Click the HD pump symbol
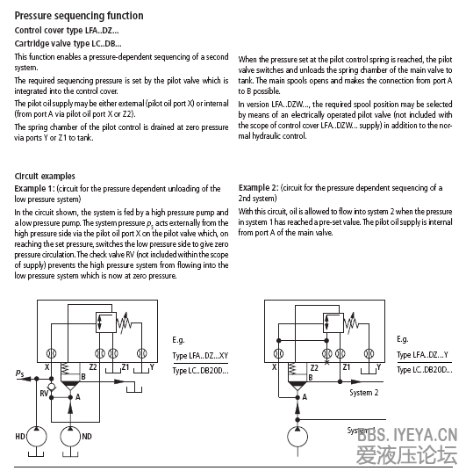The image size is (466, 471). coord(37,437)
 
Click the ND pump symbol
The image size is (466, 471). coord(70,437)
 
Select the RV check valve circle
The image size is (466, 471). coord(52,387)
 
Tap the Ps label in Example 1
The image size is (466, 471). coord(19,373)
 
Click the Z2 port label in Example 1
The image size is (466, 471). coord(93,367)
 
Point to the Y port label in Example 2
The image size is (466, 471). coord(379,366)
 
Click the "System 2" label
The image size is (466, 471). coord(363,393)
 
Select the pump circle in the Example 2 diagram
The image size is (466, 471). coord(298,437)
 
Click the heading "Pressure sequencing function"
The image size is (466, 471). coord(79,16)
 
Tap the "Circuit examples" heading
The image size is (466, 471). coord(45,176)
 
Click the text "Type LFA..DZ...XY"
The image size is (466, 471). coord(200,356)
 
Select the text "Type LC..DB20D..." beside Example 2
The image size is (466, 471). coord(424,370)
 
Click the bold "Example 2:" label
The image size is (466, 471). coord(258,188)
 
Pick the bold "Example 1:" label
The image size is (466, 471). coord(34,189)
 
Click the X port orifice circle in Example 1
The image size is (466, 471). coord(51,353)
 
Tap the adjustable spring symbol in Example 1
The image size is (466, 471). coord(125,322)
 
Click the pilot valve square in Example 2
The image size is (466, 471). coord(333,322)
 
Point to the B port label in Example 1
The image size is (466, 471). coord(83,377)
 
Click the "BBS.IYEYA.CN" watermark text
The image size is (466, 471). coord(407,435)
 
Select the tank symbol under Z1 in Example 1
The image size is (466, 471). coord(113,368)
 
